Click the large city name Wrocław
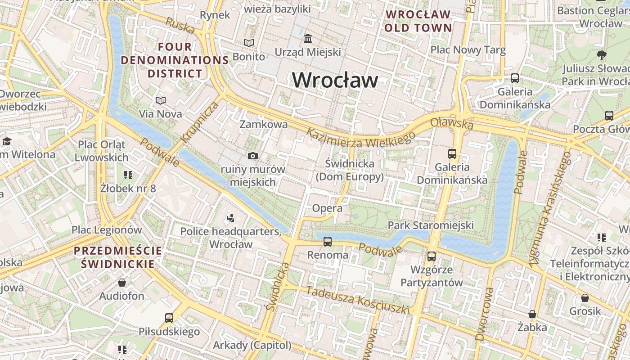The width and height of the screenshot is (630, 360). [x=335, y=80]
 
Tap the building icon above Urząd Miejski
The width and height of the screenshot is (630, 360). [x=308, y=39]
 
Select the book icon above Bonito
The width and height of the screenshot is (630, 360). [x=248, y=43]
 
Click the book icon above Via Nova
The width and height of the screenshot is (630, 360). [x=161, y=100]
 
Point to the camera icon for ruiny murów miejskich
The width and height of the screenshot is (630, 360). [x=253, y=156]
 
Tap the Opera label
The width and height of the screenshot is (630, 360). [x=327, y=208]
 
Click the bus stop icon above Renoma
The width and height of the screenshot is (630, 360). [x=328, y=242]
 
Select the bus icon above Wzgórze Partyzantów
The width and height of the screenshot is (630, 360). [x=432, y=256]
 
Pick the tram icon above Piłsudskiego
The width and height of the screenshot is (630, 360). [x=169, y=318]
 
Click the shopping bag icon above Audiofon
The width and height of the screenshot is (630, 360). [x=121, y=283]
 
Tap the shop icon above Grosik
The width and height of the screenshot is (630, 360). [x=585, y=298]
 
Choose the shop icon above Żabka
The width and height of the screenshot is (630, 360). [x=532, y=314]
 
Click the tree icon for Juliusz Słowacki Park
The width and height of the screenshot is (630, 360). [x=601, y=55]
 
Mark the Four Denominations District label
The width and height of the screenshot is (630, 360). [x=175, y=60]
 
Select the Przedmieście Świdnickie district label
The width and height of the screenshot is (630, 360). [x=118, y=257]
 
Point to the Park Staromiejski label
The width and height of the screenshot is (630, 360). [x=431, y=225]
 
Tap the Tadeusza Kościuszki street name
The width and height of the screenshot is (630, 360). [x=358, y=300]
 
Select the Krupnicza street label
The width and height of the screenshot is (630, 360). [x=200, y=121]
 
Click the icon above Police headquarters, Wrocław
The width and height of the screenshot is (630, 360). [x=230, y=218]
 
